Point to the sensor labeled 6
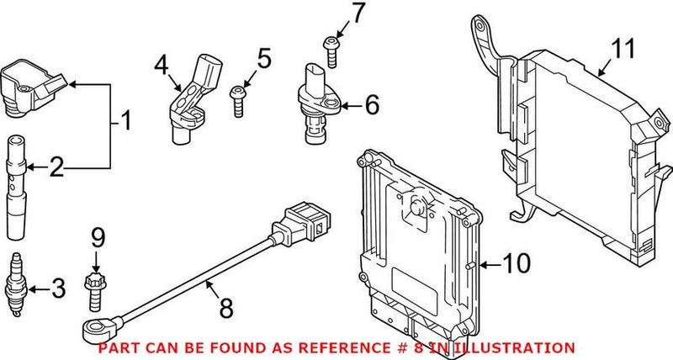[315, 103]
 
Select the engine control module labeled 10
[416, 244]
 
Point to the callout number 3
[56, 291]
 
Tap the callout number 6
[373, 106]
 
